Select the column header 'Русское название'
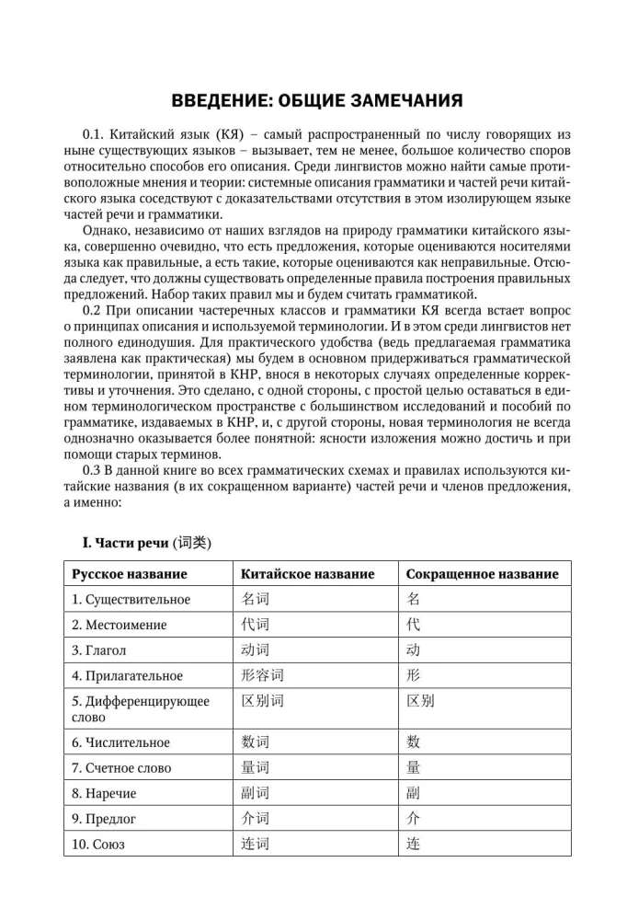coord(130,573)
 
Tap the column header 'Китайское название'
coord(307,573)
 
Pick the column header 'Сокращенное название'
coord(482,573)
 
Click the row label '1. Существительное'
coord(131,600)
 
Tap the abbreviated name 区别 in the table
coord(420,701)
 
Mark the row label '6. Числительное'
coord(120,742)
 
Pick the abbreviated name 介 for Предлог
coord(413,818)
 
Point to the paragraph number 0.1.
coord(96,134)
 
